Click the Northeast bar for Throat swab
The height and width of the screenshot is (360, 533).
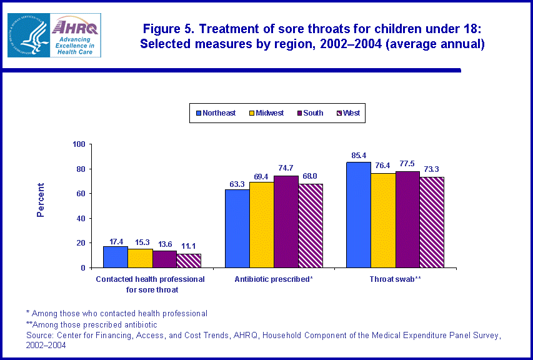tap(359, 214)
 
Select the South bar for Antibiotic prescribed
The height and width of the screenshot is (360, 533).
tap(286, 221)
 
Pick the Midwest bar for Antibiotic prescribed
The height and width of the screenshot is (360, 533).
tap(261, 224)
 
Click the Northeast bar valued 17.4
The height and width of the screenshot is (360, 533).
tap(115, 257)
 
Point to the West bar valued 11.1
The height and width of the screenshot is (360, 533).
tap(188, 261)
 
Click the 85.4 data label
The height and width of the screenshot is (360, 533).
tap(359, 155)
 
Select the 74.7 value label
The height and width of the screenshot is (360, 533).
tap(286, 169)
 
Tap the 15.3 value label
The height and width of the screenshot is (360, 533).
tap(139, 242)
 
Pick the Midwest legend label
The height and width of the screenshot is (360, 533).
tap(269, 113)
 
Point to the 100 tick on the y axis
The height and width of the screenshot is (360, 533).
tap(79, 144)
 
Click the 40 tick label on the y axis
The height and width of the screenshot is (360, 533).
tap(81, 218)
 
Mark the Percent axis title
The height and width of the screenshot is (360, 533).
tap(41, 200)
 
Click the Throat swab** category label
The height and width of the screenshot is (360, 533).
tap(396, 279)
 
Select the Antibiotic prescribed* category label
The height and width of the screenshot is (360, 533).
tap(274, 279)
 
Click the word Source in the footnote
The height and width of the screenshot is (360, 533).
tap(41, 336)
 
